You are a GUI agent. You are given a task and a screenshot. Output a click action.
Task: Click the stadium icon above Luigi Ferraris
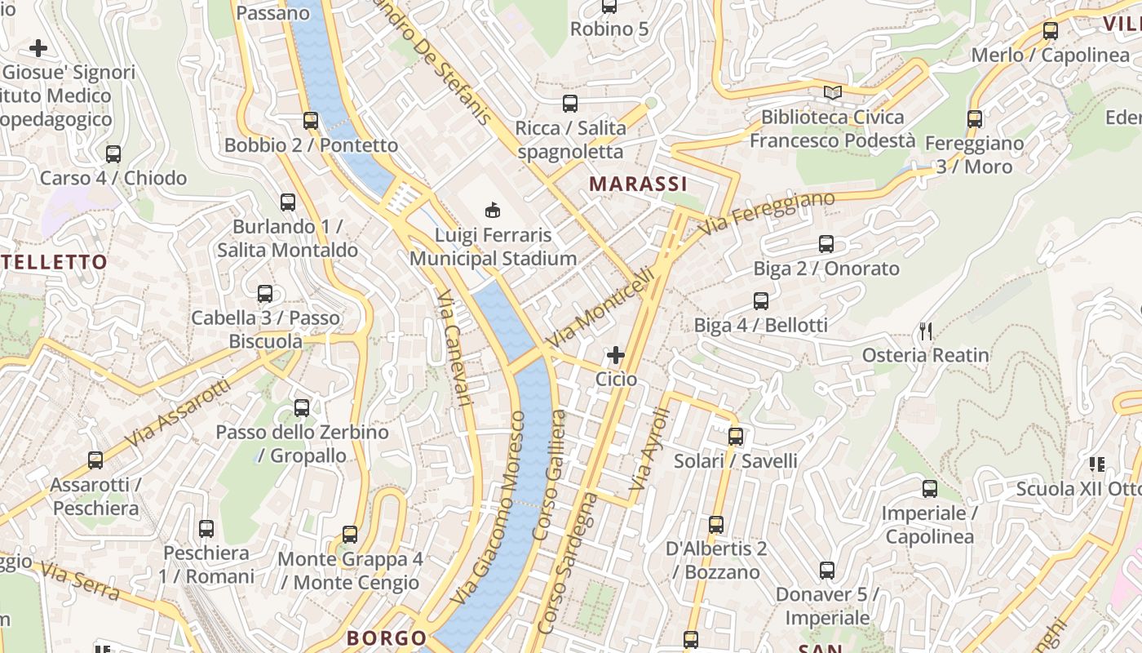tap(493, 211)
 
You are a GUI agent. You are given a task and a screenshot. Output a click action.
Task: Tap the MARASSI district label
tap(639, 184)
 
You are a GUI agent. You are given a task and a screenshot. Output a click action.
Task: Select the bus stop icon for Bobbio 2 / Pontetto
tap(311, 121)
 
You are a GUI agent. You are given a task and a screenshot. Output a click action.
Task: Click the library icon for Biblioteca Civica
tap(832, 93)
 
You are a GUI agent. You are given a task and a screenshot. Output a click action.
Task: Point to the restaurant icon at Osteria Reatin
tap(926, 331)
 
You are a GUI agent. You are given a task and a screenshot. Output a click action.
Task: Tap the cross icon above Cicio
tap(616, 355)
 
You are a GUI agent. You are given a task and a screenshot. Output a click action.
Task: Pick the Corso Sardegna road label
tap(568, 563)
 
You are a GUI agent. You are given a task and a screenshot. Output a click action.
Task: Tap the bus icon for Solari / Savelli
tap(736, 437)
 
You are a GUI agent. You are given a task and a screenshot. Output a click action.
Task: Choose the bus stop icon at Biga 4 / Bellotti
tap(761, 301)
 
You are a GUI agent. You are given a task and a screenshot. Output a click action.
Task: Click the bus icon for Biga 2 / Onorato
tap(826, 244)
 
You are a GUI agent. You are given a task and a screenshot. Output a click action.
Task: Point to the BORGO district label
tap(387, 637)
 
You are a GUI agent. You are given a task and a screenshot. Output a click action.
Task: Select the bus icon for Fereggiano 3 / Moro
tap(975, 119)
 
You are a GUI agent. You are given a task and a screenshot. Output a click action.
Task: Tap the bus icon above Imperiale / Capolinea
tap(930, 490)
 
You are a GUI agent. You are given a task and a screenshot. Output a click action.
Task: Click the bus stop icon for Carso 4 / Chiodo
tap(113, 154)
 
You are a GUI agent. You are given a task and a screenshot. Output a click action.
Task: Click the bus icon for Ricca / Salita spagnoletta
tap(570, 104)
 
